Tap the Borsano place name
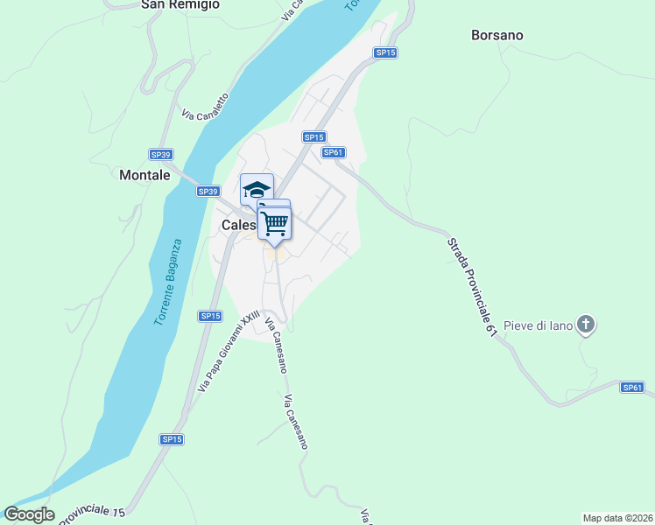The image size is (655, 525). (x=497, y=36)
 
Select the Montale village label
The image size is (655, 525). (x=144, y=175)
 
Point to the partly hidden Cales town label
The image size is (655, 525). (x=238, y=225)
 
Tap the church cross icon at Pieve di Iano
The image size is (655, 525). (x=587, y=325)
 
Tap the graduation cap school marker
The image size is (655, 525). (x=257, y=189)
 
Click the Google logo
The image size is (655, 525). (x=29, y=514)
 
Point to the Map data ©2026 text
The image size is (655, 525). (x=617, y=517)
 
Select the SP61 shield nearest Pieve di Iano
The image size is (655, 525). (x=632, y=387)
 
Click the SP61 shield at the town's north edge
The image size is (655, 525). (x=333, y=152)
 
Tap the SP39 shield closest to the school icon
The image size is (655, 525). (x=208, y=191)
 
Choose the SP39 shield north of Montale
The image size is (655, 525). (x=160, y=154)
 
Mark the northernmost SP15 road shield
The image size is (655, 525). (x=385, y=52)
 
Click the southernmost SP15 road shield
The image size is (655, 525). (x=172, y=439)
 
